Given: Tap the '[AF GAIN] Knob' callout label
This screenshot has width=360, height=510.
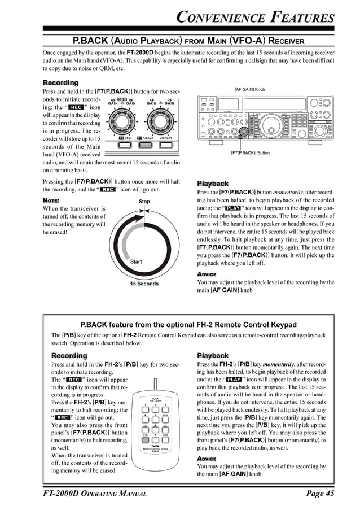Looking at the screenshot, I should click(249, 89).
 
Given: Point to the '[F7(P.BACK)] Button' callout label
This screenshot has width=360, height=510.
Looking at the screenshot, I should click(250, 153).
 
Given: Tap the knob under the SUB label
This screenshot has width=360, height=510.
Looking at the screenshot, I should click(121, 120).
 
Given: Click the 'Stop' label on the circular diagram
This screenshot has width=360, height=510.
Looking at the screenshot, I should click(144, 201).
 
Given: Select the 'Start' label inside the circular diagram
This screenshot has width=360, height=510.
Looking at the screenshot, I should click(136, 261).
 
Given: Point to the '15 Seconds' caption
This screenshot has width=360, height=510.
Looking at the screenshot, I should click(144, 284).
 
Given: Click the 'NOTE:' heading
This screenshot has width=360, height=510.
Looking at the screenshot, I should click(51, 200).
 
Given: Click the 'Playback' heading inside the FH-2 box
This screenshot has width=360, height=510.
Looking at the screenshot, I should click(212, 355).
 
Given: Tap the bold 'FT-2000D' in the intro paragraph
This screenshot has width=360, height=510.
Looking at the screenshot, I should click(142, 52).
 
